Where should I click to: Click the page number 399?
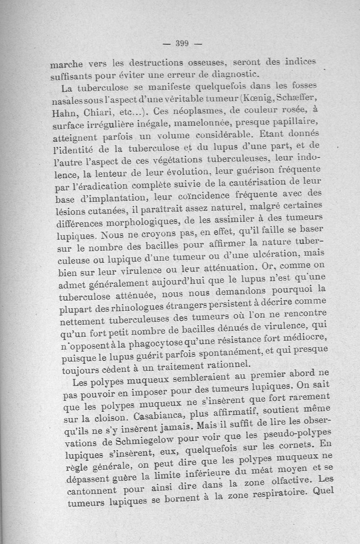182,44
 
